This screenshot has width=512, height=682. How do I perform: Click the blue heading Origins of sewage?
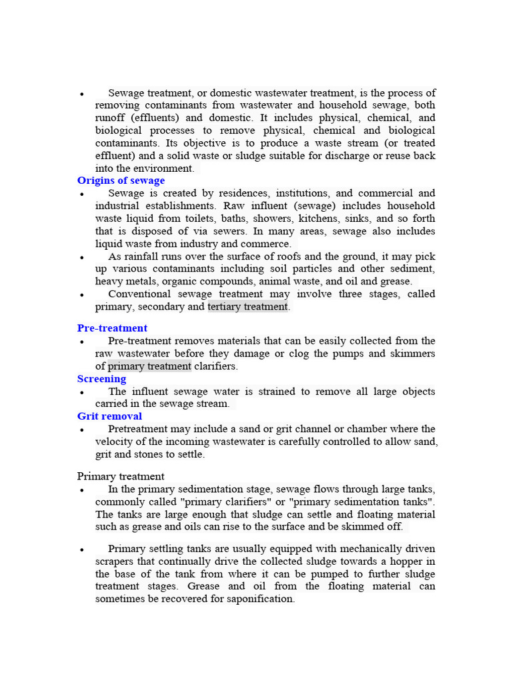pos(121,180)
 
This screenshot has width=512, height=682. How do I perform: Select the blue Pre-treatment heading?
pos(112,328)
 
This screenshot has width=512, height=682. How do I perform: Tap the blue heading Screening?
pos(101,378)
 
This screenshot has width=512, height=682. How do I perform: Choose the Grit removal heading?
pos(109,416)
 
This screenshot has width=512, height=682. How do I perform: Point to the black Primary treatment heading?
pos(121,476)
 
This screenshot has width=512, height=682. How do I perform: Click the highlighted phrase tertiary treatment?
pos(248,306)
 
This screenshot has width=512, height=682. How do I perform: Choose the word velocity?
pos(115,442)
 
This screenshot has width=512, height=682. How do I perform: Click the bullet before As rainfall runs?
pos(81,258)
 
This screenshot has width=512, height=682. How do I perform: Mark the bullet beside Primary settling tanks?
pos(81,550)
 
